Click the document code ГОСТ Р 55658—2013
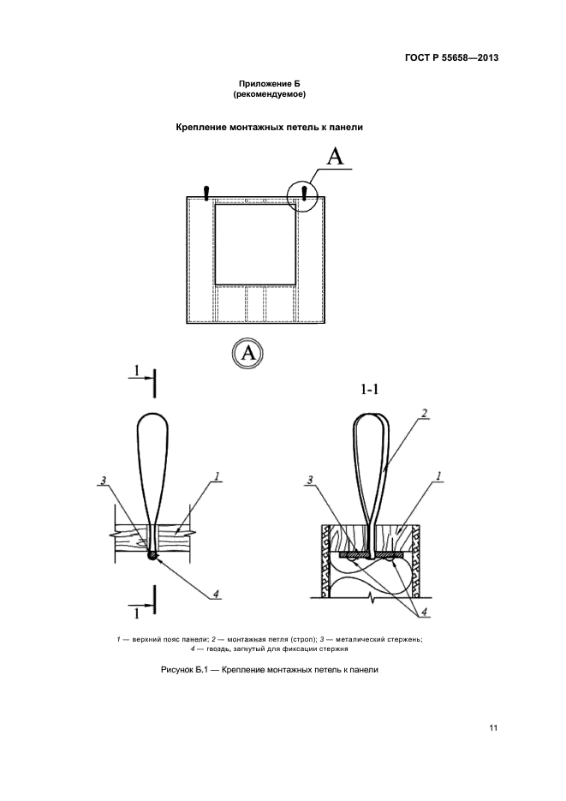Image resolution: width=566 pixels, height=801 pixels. click(451, 57)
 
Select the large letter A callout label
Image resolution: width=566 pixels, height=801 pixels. click(335, 156)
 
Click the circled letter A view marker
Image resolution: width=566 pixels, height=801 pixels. click(247, 353)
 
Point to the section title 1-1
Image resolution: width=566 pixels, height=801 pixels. click(369, 391)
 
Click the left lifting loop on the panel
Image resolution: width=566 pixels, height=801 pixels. click(206, 193)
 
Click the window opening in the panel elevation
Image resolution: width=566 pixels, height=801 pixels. click(255, 245)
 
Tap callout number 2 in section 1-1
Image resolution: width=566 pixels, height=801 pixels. click(425, 414)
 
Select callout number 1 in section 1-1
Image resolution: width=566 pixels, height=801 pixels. click(438, 476)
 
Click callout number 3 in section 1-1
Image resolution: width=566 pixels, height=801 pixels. click(310, 480)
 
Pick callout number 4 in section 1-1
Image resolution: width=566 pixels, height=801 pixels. click(424, 612)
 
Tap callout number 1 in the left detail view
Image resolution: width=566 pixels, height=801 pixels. click(217, 476)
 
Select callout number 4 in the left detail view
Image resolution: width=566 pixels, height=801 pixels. click(216, 594)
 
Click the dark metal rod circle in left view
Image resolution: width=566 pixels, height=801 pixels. click(152, 556)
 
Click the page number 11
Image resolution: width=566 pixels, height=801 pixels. click(493, 728)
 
